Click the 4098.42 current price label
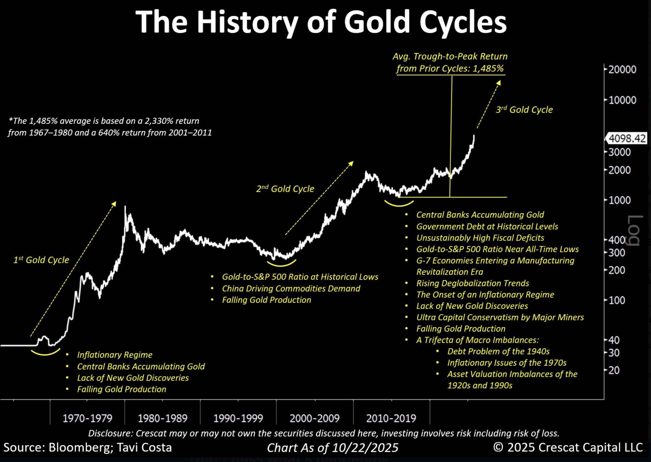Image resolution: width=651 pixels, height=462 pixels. coord(627,139)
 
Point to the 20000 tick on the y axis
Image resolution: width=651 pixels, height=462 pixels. coord(622,69)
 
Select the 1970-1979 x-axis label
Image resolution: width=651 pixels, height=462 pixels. coord(88,418)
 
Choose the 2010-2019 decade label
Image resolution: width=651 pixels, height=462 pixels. coord(391,418)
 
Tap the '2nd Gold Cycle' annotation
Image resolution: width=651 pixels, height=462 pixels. coord(285,189)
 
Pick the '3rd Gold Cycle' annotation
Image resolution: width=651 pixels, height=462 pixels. coord(524,110)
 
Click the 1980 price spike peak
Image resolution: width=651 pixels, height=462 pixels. coord(125,207)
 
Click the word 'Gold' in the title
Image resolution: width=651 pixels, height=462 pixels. coord(376,22)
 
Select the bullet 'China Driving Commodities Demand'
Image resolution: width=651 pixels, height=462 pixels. coord(291,288)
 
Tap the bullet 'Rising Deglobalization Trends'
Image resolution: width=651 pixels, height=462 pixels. coord(472,283)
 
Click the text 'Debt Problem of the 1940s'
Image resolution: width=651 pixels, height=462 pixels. coord(498,351)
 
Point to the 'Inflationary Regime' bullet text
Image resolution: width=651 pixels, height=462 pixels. coord(115,355)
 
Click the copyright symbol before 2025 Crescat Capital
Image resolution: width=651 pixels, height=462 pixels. coord(498,447)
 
